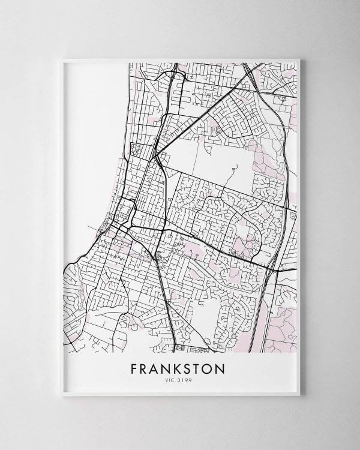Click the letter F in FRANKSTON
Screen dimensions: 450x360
(x=134, y=368)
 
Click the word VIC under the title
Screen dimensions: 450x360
(x=171, y=380)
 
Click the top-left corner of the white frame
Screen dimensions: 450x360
(x=62, y=59)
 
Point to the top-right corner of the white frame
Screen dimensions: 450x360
(x=298, y=59)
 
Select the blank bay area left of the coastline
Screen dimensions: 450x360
(x=90, y=150)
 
